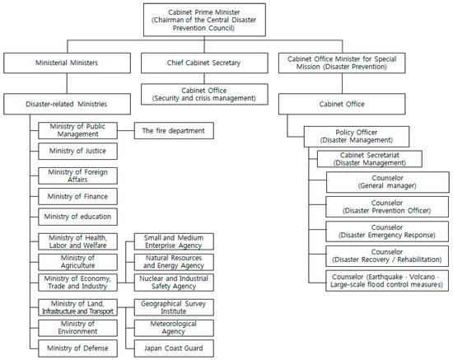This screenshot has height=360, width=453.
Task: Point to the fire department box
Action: (x=174, y=129)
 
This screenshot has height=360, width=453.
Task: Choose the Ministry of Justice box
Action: (x=78, y=152)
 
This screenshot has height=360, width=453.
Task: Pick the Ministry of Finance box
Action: (x=78, y=196)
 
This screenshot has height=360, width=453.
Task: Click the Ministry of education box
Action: (x=78, y=217)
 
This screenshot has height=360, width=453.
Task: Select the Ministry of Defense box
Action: (x=78, y=348)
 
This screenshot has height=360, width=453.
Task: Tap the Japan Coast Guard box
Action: (x=174, y=348)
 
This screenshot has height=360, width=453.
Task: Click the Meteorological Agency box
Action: (x=174, y=327)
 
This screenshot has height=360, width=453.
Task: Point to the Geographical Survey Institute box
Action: (x=174, y=306)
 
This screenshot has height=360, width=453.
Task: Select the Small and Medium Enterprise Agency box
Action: (x=174, y=241)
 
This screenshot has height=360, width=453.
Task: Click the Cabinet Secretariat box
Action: (x=369, y=159)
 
